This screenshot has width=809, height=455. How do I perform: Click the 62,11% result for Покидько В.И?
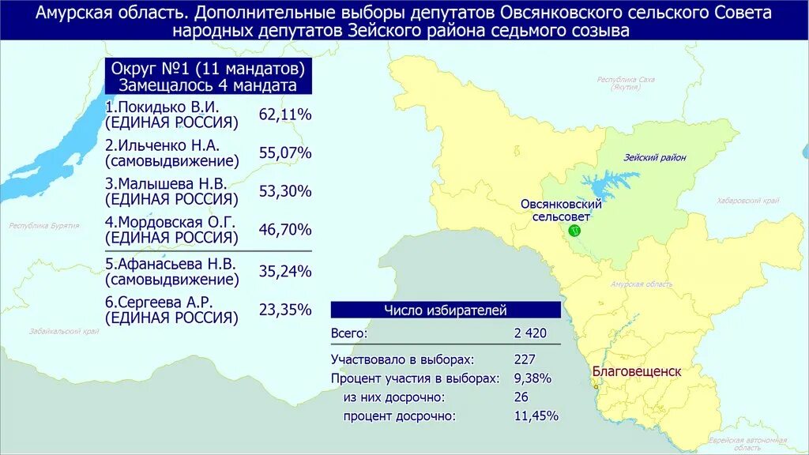pos(285,115)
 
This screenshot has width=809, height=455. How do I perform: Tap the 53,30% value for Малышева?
pos(285,191)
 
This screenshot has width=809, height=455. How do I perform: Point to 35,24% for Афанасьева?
pos(285,271)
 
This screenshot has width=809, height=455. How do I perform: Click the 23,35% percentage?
pos(285,310)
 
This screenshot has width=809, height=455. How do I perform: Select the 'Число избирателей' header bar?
pos(446,310)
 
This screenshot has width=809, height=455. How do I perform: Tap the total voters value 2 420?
pos(530,333)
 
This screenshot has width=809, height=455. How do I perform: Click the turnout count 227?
pos(525,359)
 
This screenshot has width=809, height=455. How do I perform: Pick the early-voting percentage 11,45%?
pos(535,416)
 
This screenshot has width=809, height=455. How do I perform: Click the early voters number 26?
pos(521,397)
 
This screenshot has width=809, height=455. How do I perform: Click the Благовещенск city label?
pos(637,371)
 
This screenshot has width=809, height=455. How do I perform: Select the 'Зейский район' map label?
pos(654,158)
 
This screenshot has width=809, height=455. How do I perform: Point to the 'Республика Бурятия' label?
pos(44,226)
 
